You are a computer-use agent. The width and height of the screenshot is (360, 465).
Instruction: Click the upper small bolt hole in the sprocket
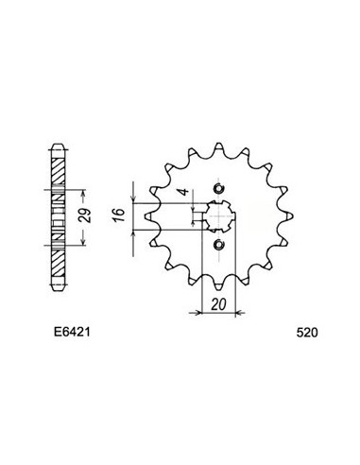click(x=219, y=187)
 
